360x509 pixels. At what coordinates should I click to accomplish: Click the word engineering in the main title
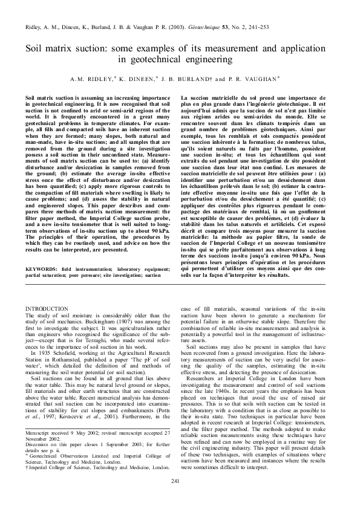[208, 59]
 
